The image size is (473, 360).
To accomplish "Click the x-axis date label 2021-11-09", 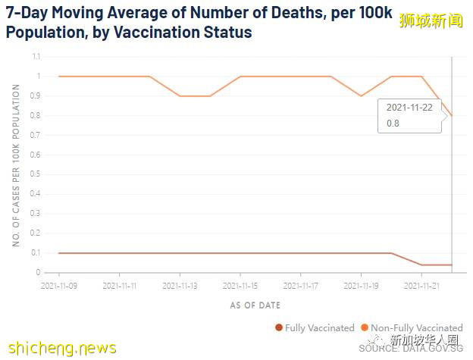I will (x=59, y=286).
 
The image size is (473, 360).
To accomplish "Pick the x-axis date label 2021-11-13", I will (x=180, y=286).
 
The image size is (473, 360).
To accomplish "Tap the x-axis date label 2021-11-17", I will (x=300, y=286).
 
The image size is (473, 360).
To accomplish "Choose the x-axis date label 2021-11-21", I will (x=421, y=286).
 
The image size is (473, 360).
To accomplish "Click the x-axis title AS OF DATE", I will (x=255, y=305).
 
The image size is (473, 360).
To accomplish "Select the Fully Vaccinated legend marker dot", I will (x=279, y=328).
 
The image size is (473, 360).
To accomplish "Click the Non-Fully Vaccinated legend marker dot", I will (x=365, y=328).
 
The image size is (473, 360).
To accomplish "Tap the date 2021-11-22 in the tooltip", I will (x=409, y=108).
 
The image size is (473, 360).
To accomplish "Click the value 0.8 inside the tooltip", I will (x=393, y=123).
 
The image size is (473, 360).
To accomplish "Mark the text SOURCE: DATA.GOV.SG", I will (x=410, y=349).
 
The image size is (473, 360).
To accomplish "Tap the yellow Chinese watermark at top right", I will (x=431, y=20).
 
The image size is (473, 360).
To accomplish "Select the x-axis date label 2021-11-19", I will (x=361, y=286).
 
